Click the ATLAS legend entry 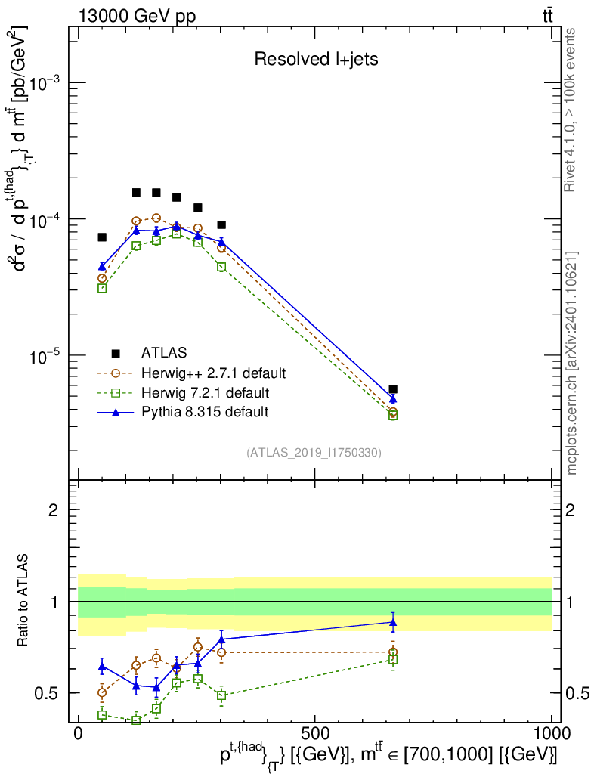tap(162, 352)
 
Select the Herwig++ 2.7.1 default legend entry tap(213, 373)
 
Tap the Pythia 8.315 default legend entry tap(205, 412)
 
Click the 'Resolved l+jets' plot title tap(316, 60)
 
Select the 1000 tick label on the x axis tap(551, 733)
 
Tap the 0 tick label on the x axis tap(78, 733)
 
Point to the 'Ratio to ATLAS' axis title tap(24, 602)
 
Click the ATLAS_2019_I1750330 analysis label tap(314, 453)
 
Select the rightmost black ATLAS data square tap(393, 389)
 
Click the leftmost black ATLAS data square tap(102, 237)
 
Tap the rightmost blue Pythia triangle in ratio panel tap(393, 622)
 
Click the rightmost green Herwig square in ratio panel tap(393, 660)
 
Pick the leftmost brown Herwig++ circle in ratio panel tap(102, 692)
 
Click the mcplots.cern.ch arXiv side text tap(572, 363)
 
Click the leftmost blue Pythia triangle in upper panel tap(102, 266)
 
